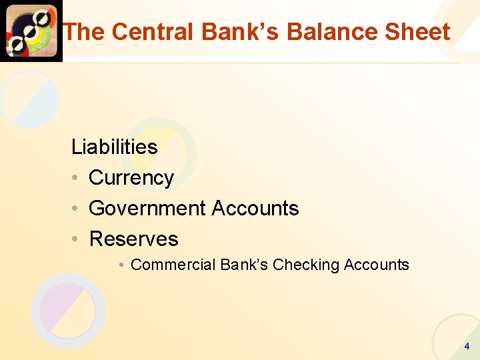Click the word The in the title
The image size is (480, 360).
(85, 31)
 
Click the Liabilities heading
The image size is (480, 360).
(114, 147)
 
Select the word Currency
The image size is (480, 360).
(131, 178)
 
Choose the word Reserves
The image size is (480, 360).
(133, 239)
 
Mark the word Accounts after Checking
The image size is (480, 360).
(376, 265)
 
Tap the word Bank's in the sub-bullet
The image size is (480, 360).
(244, 265)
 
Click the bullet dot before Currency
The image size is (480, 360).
(77, 178)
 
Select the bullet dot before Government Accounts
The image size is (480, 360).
(77, 209)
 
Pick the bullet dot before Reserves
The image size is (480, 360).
(77, 239)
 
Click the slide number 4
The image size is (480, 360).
(467, 346)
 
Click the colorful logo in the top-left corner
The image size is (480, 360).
(31, 31)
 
